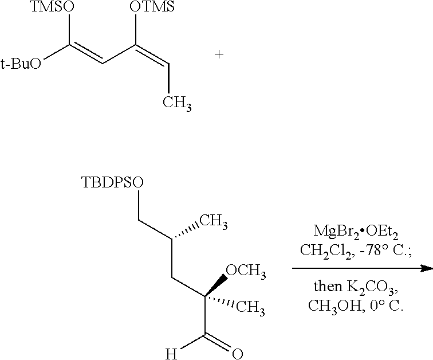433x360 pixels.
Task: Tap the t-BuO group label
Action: (21, 64)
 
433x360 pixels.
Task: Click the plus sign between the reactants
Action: (218, 55)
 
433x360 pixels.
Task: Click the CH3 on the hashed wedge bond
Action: (216, 221)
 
